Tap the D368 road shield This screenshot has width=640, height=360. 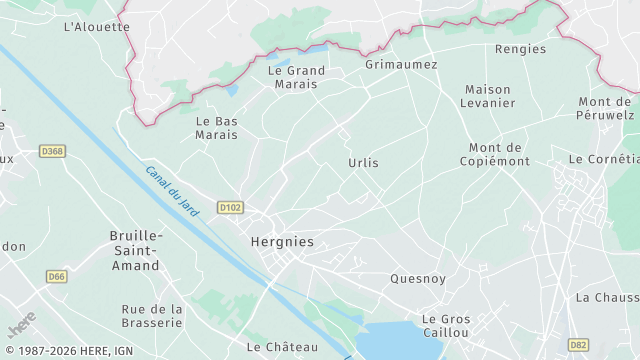click(x=52, y=151)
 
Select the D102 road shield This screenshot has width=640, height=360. click(x=230, y=208)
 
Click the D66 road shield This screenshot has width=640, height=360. click(x=56, y=276)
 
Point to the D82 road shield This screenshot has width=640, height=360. click(x=578, y=344)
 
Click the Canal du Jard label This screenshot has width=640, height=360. click(x=172, y=190)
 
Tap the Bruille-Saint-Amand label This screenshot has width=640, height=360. click(x=134, y=250)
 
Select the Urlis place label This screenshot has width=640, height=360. click(x=363, y=162)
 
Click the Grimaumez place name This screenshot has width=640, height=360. click(x=401, y=64)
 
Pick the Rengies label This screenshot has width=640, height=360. click(x=520, y=49)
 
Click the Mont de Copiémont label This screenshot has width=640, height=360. click(x=495, y=154)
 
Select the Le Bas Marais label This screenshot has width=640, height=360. click(x=216, y=127)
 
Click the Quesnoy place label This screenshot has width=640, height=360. click(x=418, y=279)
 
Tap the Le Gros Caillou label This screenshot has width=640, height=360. click(x=445, y=325)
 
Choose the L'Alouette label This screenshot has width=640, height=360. click(x=96, y=27)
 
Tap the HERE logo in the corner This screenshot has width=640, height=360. click(x=22, y=326)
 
